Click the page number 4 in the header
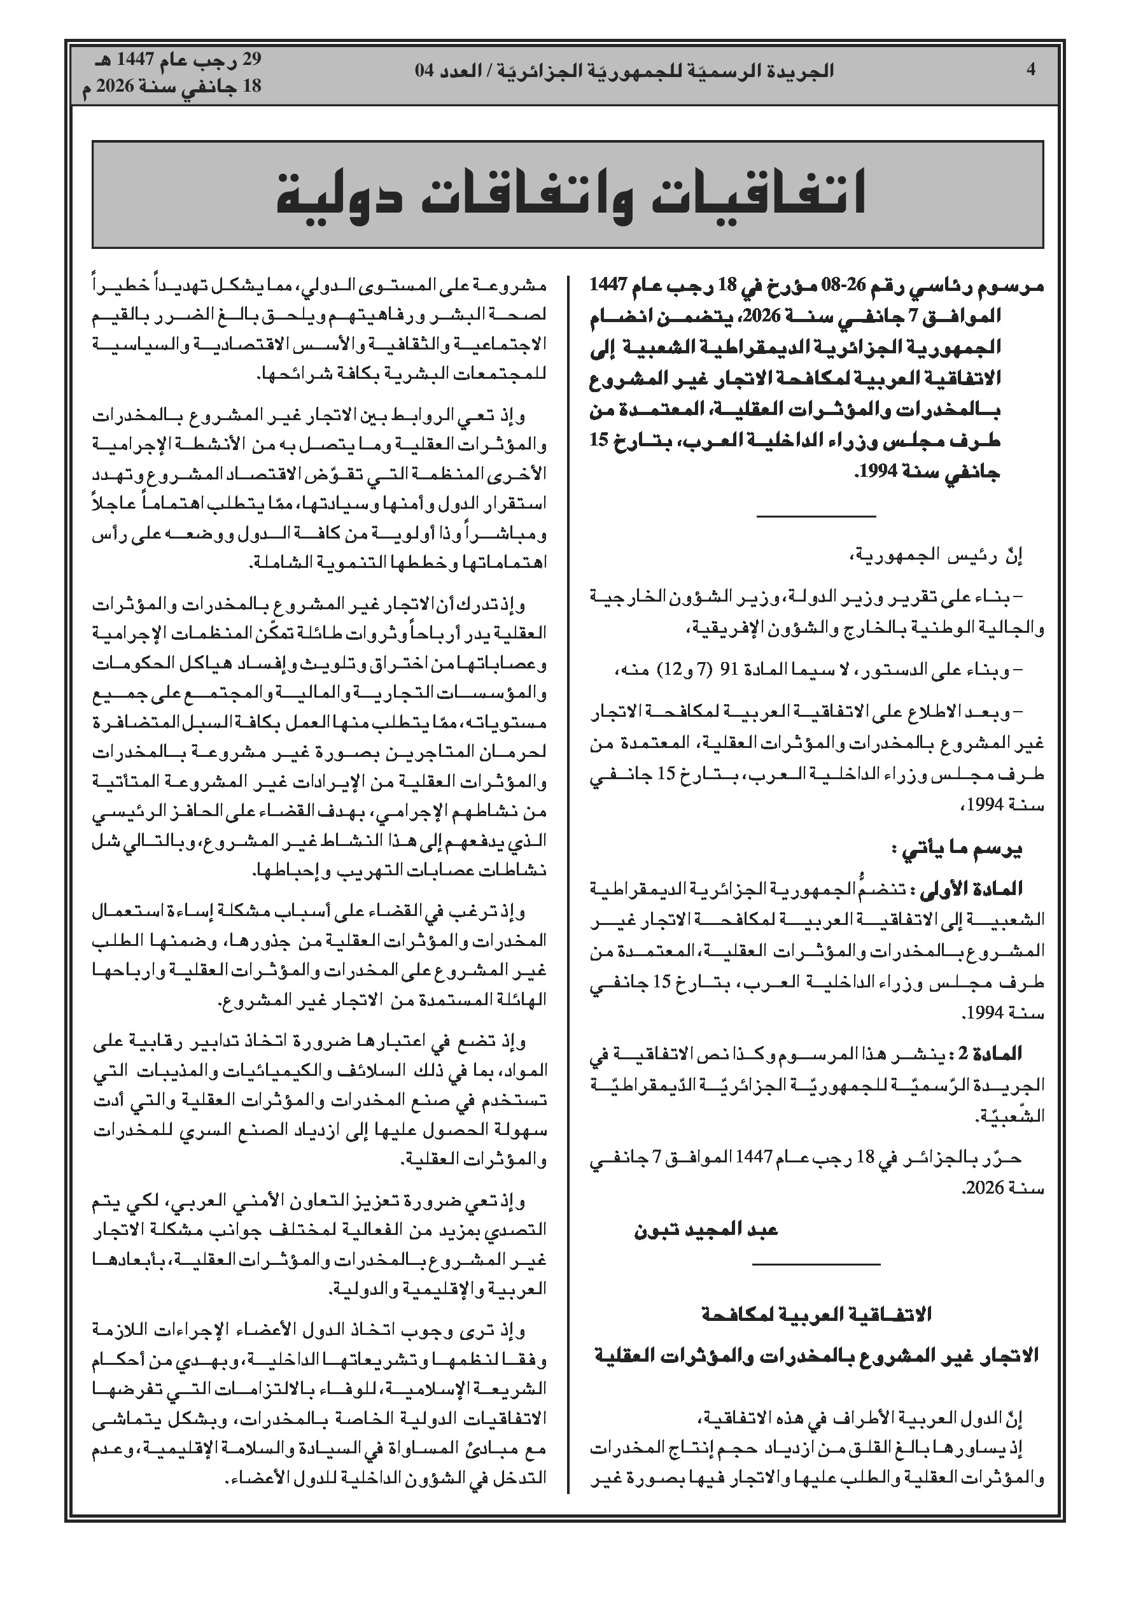[x=1030, y=69]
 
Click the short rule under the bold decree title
[x=816, y=517]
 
